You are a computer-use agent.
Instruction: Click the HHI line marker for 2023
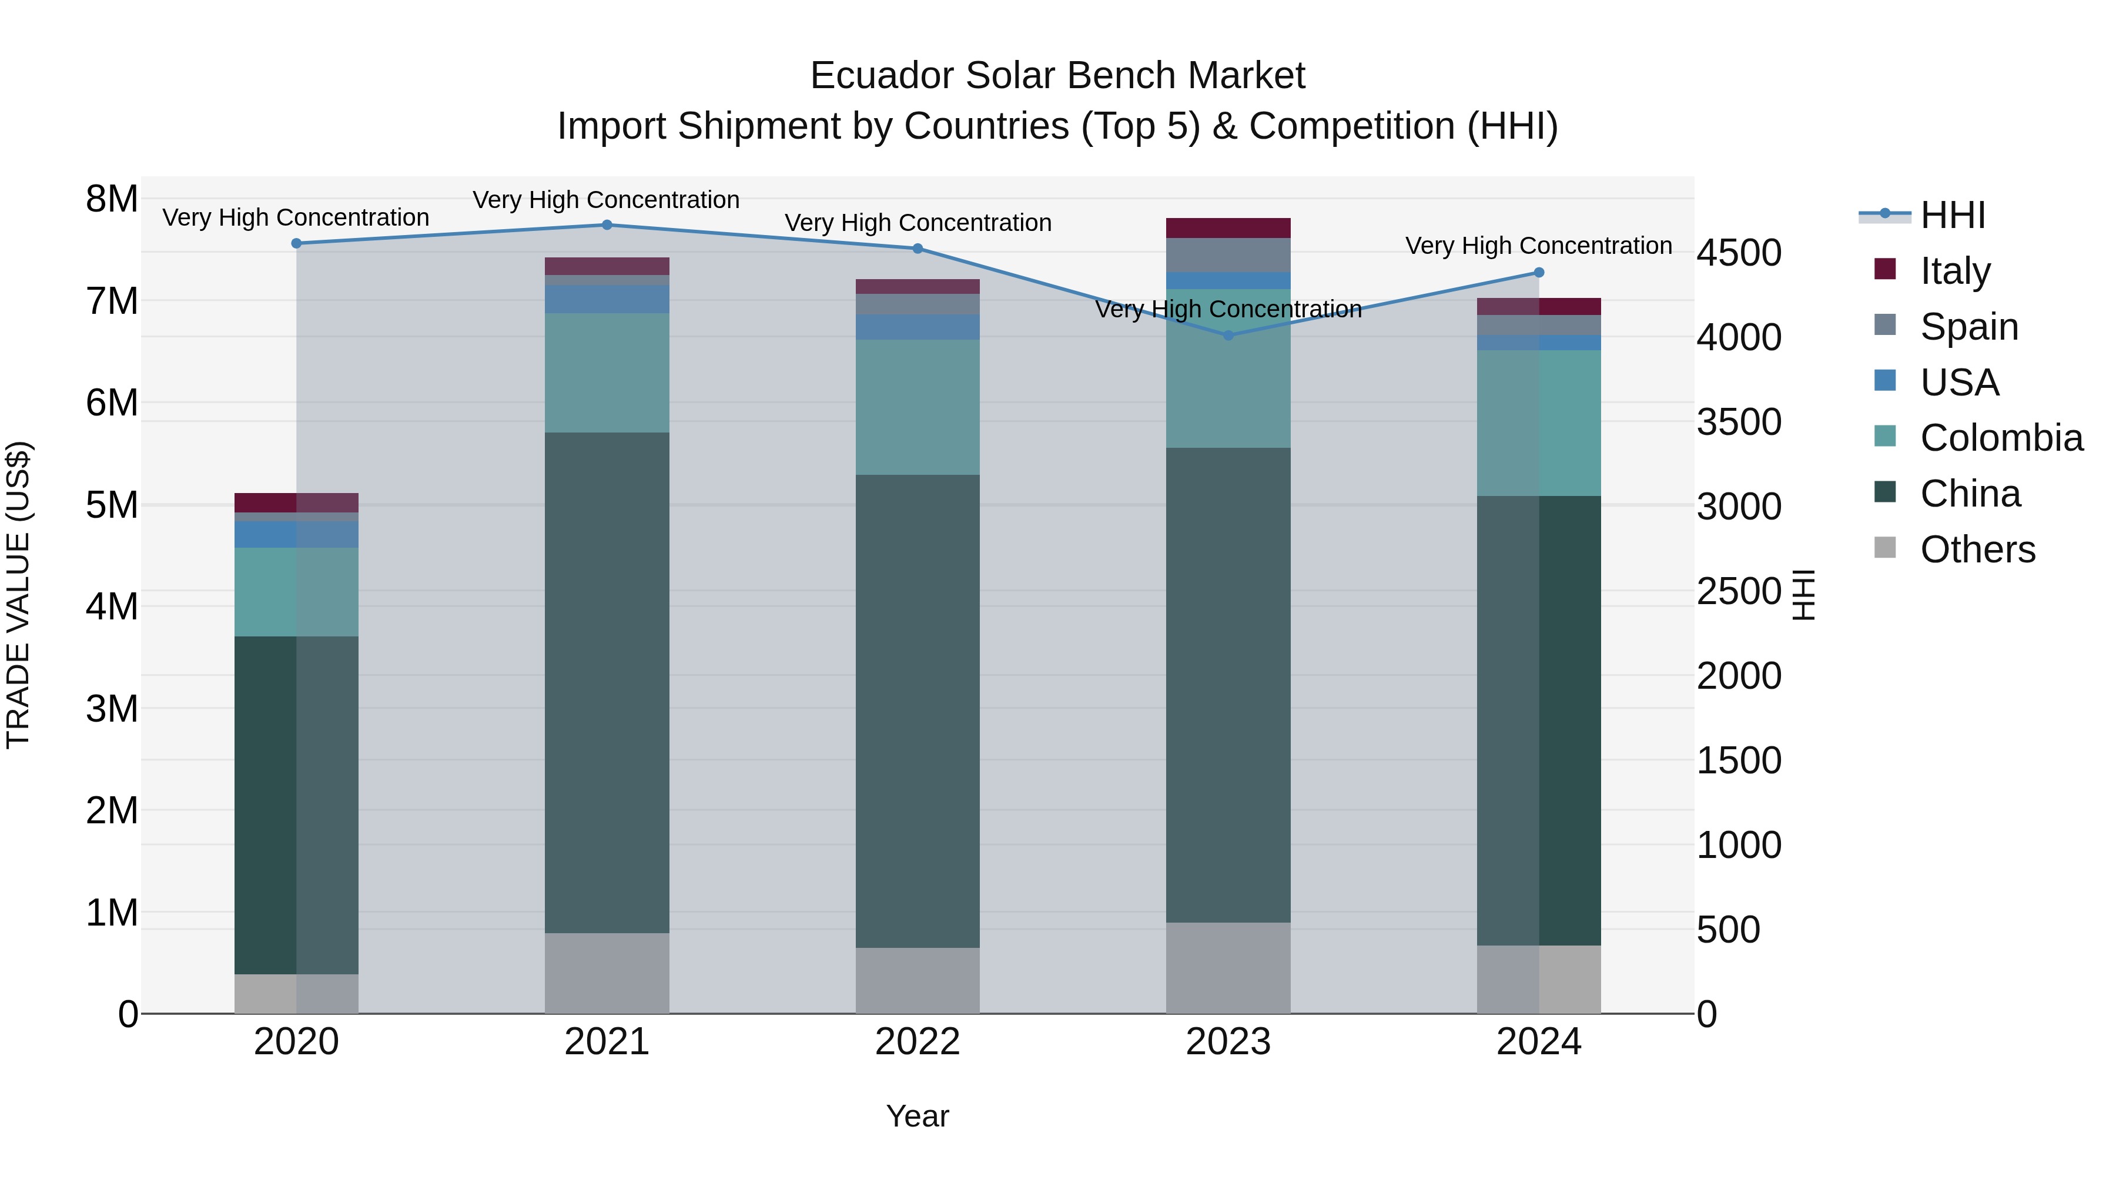coord(1228,335)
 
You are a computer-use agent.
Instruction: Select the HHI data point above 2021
coord(607,225)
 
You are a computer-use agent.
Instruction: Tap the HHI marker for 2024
coord(1539,273)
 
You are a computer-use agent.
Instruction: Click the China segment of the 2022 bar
coord(918,710)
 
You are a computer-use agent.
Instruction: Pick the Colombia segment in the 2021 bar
coord(607,372)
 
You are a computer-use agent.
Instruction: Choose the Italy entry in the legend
coord(1955,270)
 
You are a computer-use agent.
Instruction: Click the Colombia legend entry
coord(2001,438)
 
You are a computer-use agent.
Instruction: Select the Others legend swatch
coord(1885,548)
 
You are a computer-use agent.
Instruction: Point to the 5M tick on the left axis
coord(112,505)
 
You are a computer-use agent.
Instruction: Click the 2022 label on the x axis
coord(918,1041)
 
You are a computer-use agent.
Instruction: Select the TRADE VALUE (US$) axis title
coord(19,595)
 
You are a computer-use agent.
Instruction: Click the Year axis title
coord(918,1116)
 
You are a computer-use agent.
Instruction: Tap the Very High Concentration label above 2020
coord(296,217)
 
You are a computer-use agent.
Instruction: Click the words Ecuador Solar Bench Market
coord(1057,76)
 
